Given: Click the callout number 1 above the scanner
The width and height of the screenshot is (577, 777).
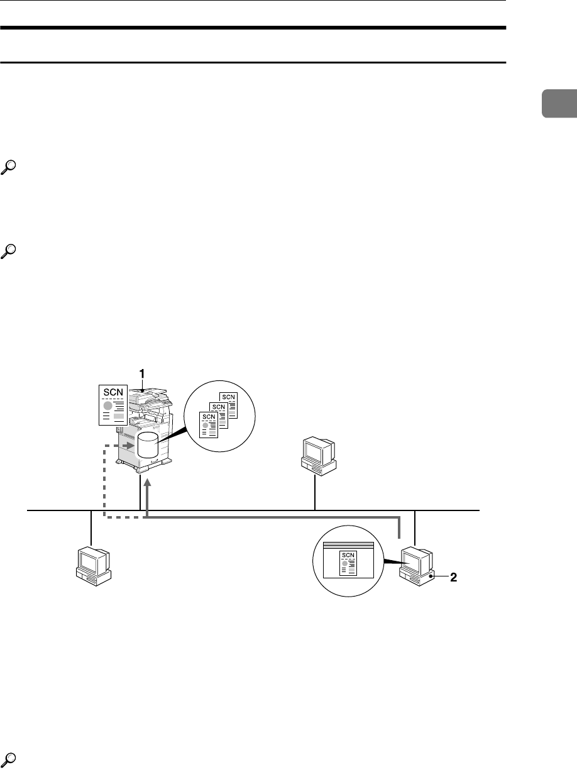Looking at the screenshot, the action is (x=143, y=373).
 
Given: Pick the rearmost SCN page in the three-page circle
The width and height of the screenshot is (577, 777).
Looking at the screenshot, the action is (x=227, y=408).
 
